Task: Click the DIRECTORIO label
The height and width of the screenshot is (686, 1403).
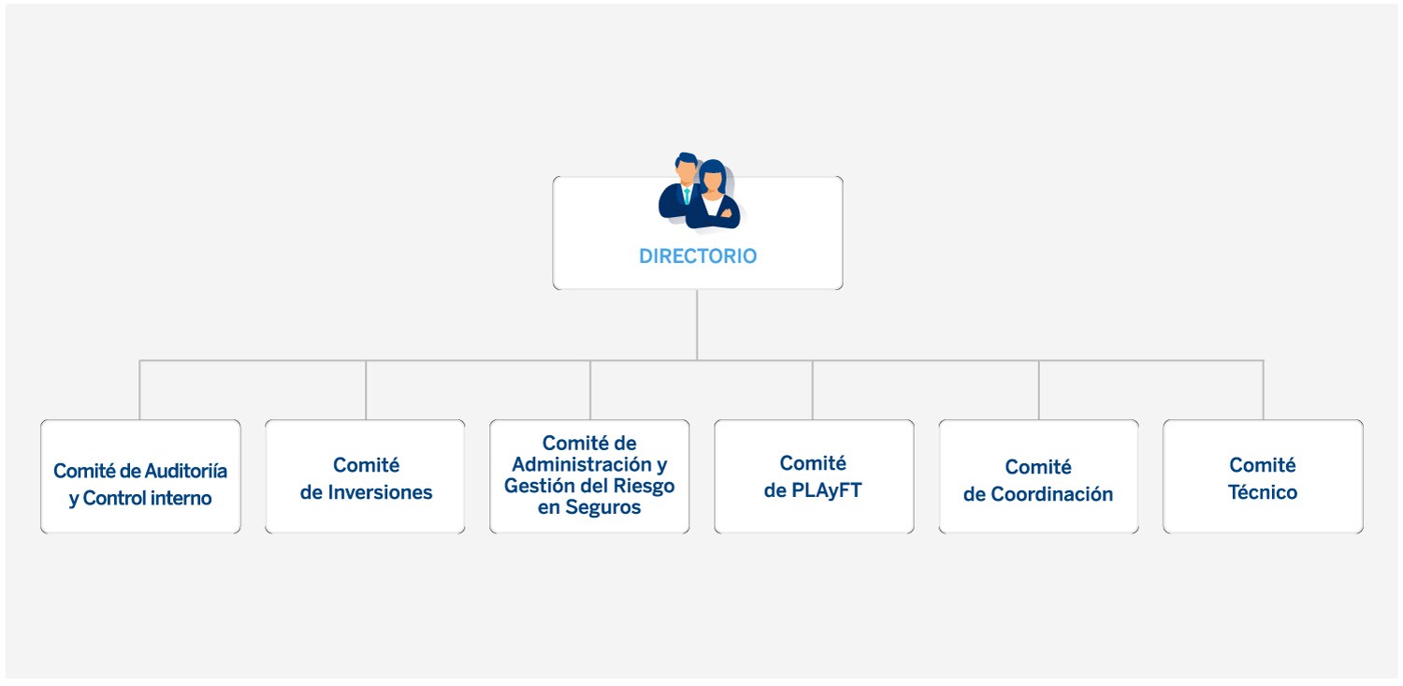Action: [x=698, y=256]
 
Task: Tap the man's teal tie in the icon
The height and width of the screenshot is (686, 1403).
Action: [x=687, y=196]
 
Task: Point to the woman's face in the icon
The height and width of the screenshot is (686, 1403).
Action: [x=713, y=181]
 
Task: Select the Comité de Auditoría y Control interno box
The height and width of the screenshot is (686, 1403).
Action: [x=140, y=476]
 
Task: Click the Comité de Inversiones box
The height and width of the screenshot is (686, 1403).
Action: [x=365, y=476]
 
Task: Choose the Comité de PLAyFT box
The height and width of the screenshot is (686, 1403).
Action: [x=814, y=476]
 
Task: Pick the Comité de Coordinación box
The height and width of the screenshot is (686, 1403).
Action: [x=1038, y=476]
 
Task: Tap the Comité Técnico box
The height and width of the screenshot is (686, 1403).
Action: [x=1263, y=476]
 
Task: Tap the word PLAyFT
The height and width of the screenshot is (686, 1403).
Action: [x=825, y=490]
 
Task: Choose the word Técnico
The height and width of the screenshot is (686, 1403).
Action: [x=1263, y=492]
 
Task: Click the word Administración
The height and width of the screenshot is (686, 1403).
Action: [x=580, y=464]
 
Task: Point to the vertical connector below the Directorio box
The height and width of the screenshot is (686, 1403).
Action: [x=697, y=324]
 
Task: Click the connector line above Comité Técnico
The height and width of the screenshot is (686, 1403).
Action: [x=1264, y=389]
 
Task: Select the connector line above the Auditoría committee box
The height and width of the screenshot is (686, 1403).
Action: [x=139, y=389]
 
